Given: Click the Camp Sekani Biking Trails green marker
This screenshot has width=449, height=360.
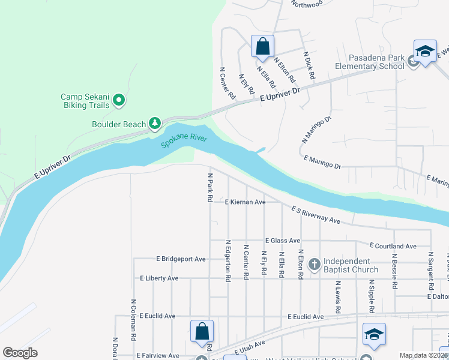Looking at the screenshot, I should (x=119, y=100).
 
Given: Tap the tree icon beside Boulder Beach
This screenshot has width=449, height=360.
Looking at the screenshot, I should (x=155, y=124).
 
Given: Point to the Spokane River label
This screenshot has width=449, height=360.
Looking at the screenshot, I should (x=183, y=140).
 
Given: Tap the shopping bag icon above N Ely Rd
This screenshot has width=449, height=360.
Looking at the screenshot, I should (x=262, y=46).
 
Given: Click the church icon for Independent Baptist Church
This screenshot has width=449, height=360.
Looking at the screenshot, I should (x=314, y=263).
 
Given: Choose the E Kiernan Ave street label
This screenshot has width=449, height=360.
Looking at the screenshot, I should (x=245, y=203).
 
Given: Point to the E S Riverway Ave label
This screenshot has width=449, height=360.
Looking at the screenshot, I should (x=316, y=216).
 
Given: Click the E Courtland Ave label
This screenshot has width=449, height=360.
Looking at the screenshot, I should (x=393, y=246).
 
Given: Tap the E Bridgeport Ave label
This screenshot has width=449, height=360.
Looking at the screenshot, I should (x=181, y=259).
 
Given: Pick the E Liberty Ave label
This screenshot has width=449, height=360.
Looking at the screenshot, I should (x=159, y=278).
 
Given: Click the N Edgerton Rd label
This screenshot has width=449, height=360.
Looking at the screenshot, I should (x=228, y=261).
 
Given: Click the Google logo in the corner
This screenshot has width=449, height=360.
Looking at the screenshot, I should (x=20, y=353).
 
